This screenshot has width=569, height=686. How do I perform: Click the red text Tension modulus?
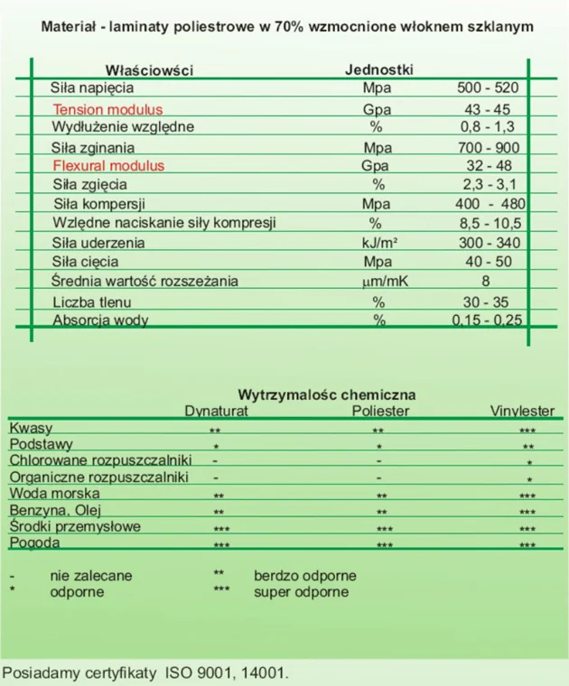[x=107, y=108]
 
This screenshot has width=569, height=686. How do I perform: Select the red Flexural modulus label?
[x=108, y=166]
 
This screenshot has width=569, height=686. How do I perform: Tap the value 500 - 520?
[x=489, y=88]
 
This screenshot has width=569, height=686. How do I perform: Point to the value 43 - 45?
[x=489, y=108]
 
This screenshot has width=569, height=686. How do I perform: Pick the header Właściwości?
[x=149, y=70]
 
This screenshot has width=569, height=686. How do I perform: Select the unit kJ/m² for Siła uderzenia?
[x=376, y=243]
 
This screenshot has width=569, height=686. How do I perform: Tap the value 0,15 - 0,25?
[x=487, y=320]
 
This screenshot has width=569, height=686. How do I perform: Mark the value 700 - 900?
[x=489, y=147]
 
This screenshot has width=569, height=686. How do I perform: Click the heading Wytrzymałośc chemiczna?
[x=326, y=394]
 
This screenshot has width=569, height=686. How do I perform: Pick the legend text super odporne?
[x=301, y=592]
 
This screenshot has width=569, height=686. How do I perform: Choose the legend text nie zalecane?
[x=91, y=575]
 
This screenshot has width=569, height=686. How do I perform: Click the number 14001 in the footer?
[x=266, y=672]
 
